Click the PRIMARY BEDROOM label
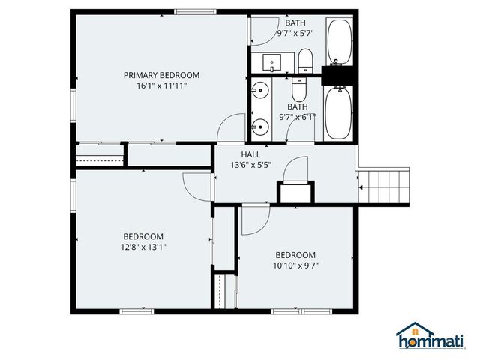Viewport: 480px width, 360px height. (161, 74)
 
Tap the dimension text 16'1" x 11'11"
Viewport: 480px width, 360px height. (161, 85)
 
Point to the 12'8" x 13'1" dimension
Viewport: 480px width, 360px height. (144, 246)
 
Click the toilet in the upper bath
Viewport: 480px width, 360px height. (304, 60)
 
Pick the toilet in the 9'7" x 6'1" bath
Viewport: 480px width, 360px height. (298, 90)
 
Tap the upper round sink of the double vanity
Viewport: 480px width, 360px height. (260, 91)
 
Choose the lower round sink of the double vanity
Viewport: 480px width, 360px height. (260, 127)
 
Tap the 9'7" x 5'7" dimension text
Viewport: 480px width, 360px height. (295, 34)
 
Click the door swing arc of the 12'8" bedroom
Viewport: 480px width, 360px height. (193, 187)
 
